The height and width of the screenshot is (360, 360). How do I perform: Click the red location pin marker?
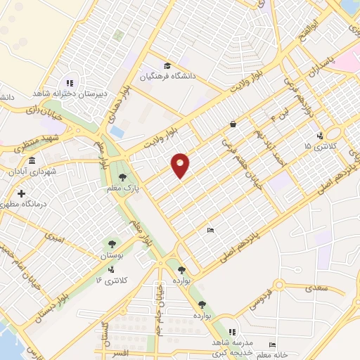(x=181, y=165)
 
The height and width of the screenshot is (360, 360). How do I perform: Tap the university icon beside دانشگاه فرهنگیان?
(x=167, y=65)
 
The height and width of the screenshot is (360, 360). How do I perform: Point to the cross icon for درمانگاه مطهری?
(x=22, y=193)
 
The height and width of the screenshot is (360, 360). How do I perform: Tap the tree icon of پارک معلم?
(x=123, y=176)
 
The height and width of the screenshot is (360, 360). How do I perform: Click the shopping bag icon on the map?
(x=232, y=124)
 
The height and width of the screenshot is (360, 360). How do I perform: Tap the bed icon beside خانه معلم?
(x=272, y=345)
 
